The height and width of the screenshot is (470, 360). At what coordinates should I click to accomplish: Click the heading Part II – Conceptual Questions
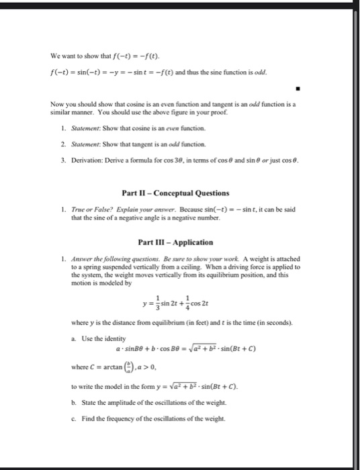point(179,194)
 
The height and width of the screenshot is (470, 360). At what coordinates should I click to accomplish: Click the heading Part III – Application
point(179,242)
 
